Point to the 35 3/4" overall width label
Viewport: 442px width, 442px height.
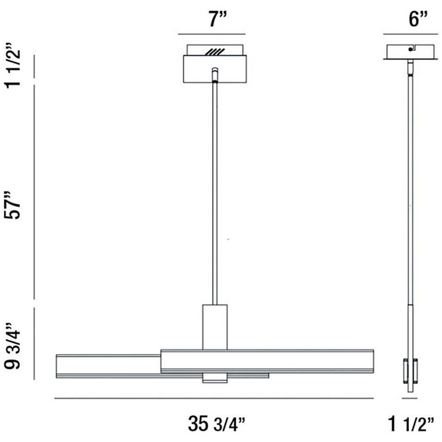pyautogui.click(x=216, y=423)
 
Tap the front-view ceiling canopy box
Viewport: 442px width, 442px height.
pyautogui.click(x=215, y=69)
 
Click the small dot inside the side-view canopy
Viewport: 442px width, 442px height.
pyautogui.click(x=410, y=49)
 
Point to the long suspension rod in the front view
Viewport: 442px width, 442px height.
pyautogui.click(x=215, y=193)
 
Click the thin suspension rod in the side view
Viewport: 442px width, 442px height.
pyautogui.click(x=410, y=193)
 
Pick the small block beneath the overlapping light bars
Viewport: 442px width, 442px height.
pyautogui.click(x=215, y=378)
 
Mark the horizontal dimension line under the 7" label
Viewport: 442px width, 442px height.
pyautogui.click(x=212, y=34)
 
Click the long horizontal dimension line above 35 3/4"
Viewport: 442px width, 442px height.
pyautogui.click(x=214, y=399)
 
